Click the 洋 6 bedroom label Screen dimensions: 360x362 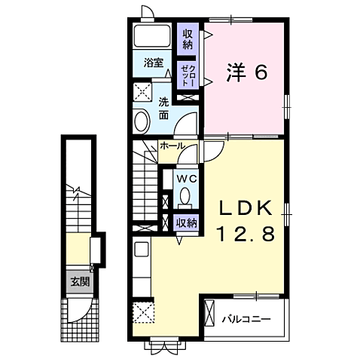click(x=247, y=72)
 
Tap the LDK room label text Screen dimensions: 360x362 click(x=246, y=208)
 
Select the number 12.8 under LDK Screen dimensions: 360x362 click(x=246, y=233)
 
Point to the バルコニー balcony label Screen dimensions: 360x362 click(x=246, y=319)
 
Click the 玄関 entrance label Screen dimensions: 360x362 click(x=80, y=282)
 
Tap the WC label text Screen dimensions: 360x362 click(x=186, y=179)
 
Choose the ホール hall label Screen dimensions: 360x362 click(x=172, y=146)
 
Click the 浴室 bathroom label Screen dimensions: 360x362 click(x=154, y=63)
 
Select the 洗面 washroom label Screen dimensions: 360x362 click(x=163, y=108)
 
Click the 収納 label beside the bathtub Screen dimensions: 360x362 click(x=188, y=39)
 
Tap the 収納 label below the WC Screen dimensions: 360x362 click(x=186, y=222)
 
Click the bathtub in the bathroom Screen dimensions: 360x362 click(x=152, y=35)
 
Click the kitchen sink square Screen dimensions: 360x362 click(x=142, y=249)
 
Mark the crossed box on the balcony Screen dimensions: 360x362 click(x=210, y=313)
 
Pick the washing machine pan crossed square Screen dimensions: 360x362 click(x=142, y=91)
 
